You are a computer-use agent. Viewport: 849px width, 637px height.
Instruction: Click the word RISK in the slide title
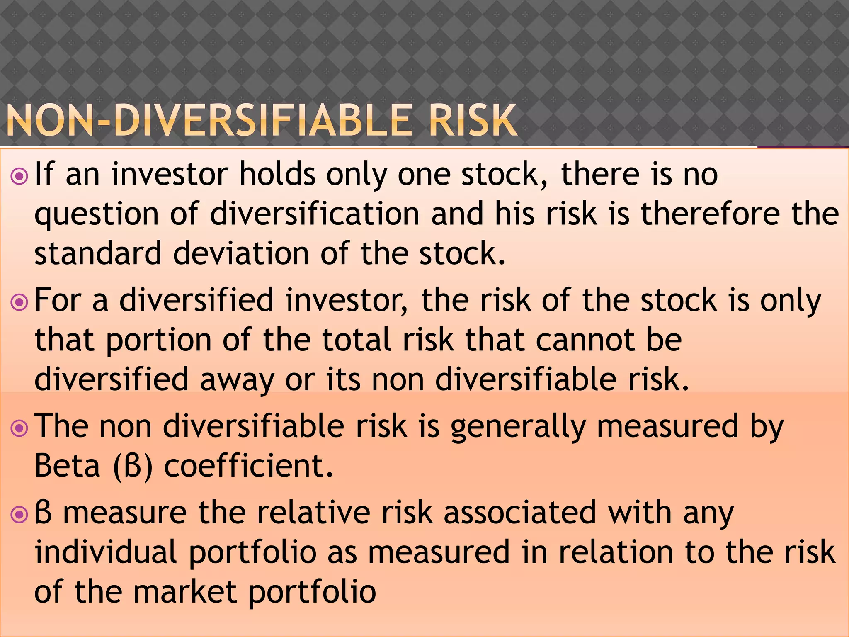click(473, 121)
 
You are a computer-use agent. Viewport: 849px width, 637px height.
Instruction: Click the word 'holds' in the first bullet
click(277, 174)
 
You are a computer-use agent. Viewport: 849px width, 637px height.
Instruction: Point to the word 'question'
click(96, 215)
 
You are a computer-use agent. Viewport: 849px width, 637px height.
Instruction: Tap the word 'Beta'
click(68, 466)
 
